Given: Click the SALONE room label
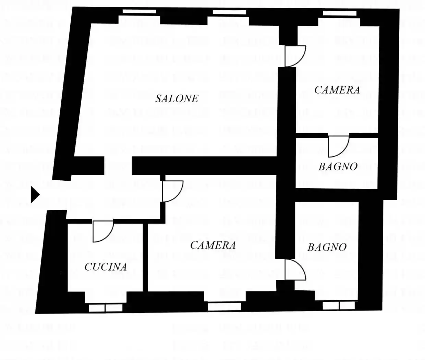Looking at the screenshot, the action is (x=177, y=98).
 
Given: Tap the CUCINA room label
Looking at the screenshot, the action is (x=106, y=267).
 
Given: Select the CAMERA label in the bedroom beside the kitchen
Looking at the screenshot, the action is (x=213, y=245).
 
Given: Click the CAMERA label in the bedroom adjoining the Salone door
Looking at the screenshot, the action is (x=337, y=90).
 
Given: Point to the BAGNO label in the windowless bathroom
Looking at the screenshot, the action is (x=338, y=167).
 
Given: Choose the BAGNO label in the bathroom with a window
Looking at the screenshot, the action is (x=327, y=247).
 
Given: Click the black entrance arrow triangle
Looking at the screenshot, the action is (x=35, y=195).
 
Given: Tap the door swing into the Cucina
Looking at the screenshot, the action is (x=103, y=231).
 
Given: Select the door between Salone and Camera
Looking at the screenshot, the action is (x=295, y=56).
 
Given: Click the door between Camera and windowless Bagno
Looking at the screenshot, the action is (x=338, y=146).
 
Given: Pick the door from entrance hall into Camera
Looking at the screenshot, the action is (x=173, y=191).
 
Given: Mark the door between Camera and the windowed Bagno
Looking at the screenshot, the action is (x=295, y=269).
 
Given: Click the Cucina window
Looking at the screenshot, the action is (x=106, y=308).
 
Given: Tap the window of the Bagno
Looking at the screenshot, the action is (x=339, y=306).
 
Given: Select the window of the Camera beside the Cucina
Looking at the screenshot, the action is (x=224, y=307).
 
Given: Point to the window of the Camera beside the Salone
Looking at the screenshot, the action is (x=339, y=13).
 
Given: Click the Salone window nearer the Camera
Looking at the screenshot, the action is (x=229, y=12).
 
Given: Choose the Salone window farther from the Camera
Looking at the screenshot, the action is (x=139, y=11).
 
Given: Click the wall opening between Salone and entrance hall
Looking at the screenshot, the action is (x=118, y=166).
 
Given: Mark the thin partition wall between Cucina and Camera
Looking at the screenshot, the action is (x=145, y=257).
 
